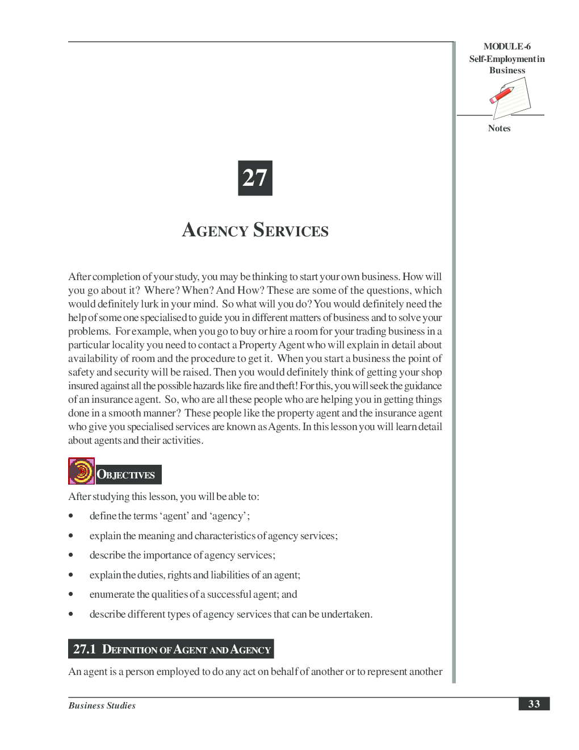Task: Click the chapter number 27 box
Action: pyautogui.click(x=255, y=178)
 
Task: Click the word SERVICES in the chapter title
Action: pyautogui.click(x=291, y=230)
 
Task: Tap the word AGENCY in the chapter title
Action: pyautogui.click(x=215, y=230)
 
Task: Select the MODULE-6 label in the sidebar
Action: pyautogui.click(x=507, y=47)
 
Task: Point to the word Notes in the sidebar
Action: pyautogui.click(x=499, y=128)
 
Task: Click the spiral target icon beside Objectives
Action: pyautogui.click(x=81, y=471)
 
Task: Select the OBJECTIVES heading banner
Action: pyautogui.click(x=128, y=474)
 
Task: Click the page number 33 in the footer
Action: pyautogui.click(x=534, y=703)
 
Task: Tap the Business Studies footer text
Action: pyautogui.click(x=102, y=705)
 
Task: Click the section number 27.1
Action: pyautogui.click(x=85, y=649)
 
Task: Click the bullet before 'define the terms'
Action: pyautogui.click(x=71, y=516)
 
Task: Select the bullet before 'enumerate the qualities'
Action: pyautogui.click(x=71, y=594)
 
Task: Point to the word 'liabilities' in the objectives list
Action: pyautogui.click(x=229, y=575)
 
